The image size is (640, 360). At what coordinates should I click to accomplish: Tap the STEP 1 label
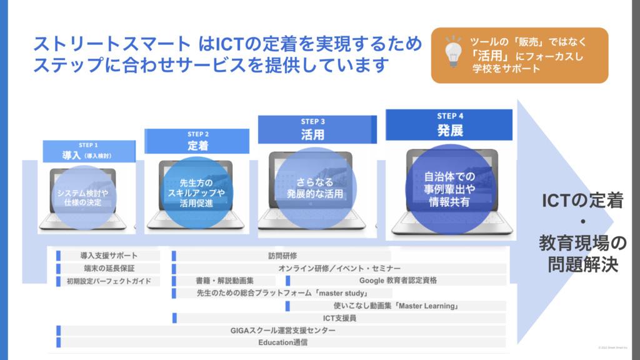tap(89, 145)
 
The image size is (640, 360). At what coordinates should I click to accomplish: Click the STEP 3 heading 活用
tap(312, 134)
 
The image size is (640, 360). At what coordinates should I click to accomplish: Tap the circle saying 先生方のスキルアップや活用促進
tap(196, 193)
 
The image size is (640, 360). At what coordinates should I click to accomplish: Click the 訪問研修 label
tap(282, 256)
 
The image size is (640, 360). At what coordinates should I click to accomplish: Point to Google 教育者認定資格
tap(398, 281)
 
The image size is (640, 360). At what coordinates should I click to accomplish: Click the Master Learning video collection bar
tap(397, 306)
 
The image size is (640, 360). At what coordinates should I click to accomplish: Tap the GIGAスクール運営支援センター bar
tap(283, 330)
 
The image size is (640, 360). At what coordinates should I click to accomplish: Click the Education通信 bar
tap(283, 342)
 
